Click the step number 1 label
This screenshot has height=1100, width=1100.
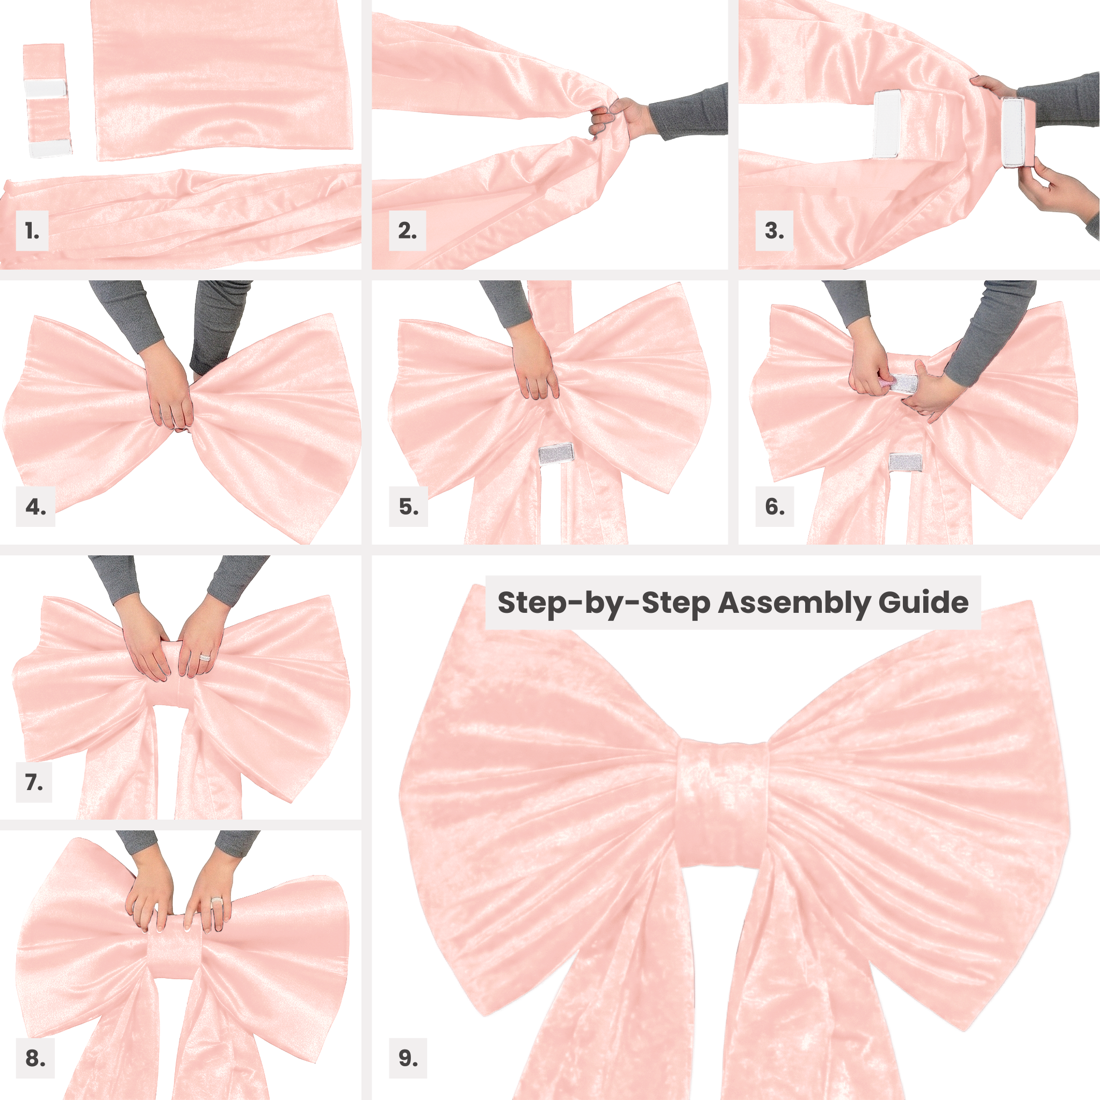pos(32,230)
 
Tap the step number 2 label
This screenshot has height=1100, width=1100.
pos(407,230)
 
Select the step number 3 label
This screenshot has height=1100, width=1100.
pos(775,230)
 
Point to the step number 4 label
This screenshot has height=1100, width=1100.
pos(35,506)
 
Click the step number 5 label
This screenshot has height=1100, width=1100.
pos(408,506)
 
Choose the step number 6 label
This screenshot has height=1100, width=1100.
pos(775,506)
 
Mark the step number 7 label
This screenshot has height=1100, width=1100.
pos(34,782)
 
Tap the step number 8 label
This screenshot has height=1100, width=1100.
pos(35,1059)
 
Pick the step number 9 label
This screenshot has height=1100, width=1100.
pos(408,1059)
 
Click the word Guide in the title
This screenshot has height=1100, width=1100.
pos(923,603)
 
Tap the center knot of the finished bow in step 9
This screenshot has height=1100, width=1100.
pos(722,804)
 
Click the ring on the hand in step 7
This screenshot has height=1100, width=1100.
pos(205,657)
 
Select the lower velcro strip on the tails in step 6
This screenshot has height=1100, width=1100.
pos(905,462)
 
